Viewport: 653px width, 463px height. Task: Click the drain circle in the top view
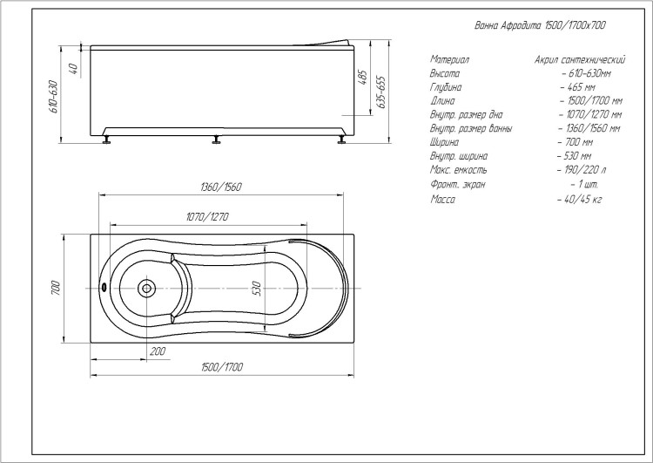coord(146,288)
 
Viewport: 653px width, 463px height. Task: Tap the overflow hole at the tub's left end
coord(104,288)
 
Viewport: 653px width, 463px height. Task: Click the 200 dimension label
coord(158,351)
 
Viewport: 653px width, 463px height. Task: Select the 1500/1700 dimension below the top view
coord(222,367)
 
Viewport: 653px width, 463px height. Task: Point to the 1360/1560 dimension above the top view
coord(221,187)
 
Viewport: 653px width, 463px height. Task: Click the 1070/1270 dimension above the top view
coord(207,217)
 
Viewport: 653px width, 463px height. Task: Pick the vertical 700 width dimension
coord(56,289)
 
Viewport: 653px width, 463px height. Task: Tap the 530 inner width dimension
coord(257,289)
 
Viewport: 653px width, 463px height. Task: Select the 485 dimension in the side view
coord(362,78)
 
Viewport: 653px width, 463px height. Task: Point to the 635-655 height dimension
coord(381,92)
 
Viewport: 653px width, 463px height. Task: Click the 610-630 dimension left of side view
coord(53,97)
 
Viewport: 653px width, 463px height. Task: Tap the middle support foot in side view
coord(217,140)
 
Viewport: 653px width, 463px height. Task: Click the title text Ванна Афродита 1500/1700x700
coord(541,25)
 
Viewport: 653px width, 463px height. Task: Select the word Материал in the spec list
coord(450,59)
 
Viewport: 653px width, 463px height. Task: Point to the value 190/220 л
coord(582,170)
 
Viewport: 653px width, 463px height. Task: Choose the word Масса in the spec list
coord(442,200)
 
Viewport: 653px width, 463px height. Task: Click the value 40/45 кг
coord(580,200)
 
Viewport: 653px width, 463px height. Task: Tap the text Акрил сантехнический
coord(580,59)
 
